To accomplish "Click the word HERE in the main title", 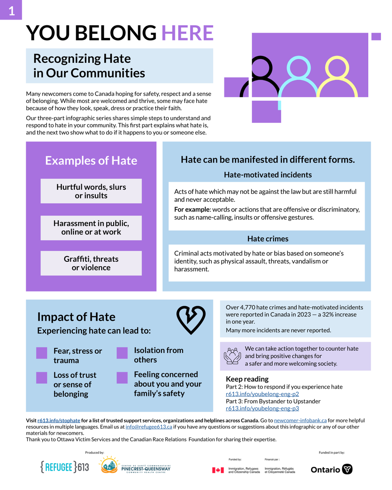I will (x=188, y=33).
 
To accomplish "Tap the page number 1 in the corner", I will (x=11, y=11).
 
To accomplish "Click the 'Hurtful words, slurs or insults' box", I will (x=91, y=191).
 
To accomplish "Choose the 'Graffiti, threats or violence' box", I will (x=91, y=263).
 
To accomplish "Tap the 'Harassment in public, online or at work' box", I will (x=91, y=227).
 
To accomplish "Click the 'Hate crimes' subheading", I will (x=268, y=238).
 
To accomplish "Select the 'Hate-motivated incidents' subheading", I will (x=268, y=175).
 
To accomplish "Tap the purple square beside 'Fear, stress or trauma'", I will (x=42, y=353).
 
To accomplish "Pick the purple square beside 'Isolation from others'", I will (x=122, y=353).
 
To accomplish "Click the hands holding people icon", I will (x=232, y=356).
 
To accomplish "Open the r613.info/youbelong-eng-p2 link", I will (x=262, y=394).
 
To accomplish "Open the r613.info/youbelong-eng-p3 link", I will (x=262, y=408).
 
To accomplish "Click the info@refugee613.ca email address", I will (x=149, y=427).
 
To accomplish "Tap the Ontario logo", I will (x=332, y=469).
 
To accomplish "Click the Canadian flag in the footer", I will (x=218, y=470).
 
